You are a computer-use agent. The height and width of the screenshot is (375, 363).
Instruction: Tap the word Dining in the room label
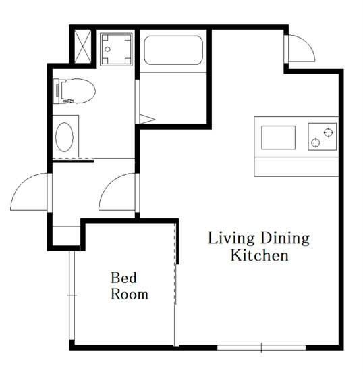coord(285,239)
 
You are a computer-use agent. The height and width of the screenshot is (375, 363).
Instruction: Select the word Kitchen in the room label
coord(260,255)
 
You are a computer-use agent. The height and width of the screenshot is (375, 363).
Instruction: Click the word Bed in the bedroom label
coord(123,278)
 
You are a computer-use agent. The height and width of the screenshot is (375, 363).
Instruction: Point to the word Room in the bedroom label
coord(130,294)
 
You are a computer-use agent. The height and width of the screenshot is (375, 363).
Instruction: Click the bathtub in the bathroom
coord(173,50)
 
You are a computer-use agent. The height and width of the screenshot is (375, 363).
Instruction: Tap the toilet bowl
coord(74,91)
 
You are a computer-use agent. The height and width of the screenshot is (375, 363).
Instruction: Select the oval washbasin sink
coord(64,137)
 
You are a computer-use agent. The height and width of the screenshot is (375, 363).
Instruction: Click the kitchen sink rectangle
coord(278,138)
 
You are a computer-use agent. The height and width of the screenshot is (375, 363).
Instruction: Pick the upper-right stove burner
coord(329,132)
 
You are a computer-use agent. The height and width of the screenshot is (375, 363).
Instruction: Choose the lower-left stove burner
coord(316,143)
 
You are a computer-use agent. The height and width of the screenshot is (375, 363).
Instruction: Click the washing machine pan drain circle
coord(108,49)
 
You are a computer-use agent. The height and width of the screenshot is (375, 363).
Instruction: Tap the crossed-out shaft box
coord(83,46)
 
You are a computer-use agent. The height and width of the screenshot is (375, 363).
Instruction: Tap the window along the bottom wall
coord(262,348)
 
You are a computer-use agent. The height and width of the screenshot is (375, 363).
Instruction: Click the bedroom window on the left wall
coord(72,295)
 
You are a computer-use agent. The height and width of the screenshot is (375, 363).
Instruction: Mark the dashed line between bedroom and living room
coord(175,263)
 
